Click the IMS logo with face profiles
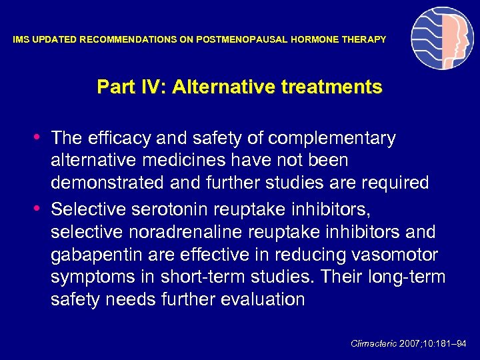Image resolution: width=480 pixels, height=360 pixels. (x=442, y=38)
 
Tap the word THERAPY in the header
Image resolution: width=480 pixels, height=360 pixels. (x=364, y=40)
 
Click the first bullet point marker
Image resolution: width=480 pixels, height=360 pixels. (x=42, y=137)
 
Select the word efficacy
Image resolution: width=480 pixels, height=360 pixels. (x=117, y=138)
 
